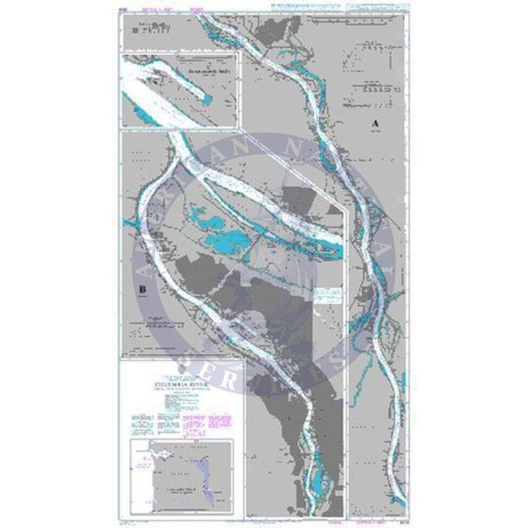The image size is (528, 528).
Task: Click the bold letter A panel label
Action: (x=374, y=123)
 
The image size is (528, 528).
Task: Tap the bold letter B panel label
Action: (x=142, y=288)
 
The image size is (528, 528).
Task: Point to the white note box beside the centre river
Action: (x=327, y=293)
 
